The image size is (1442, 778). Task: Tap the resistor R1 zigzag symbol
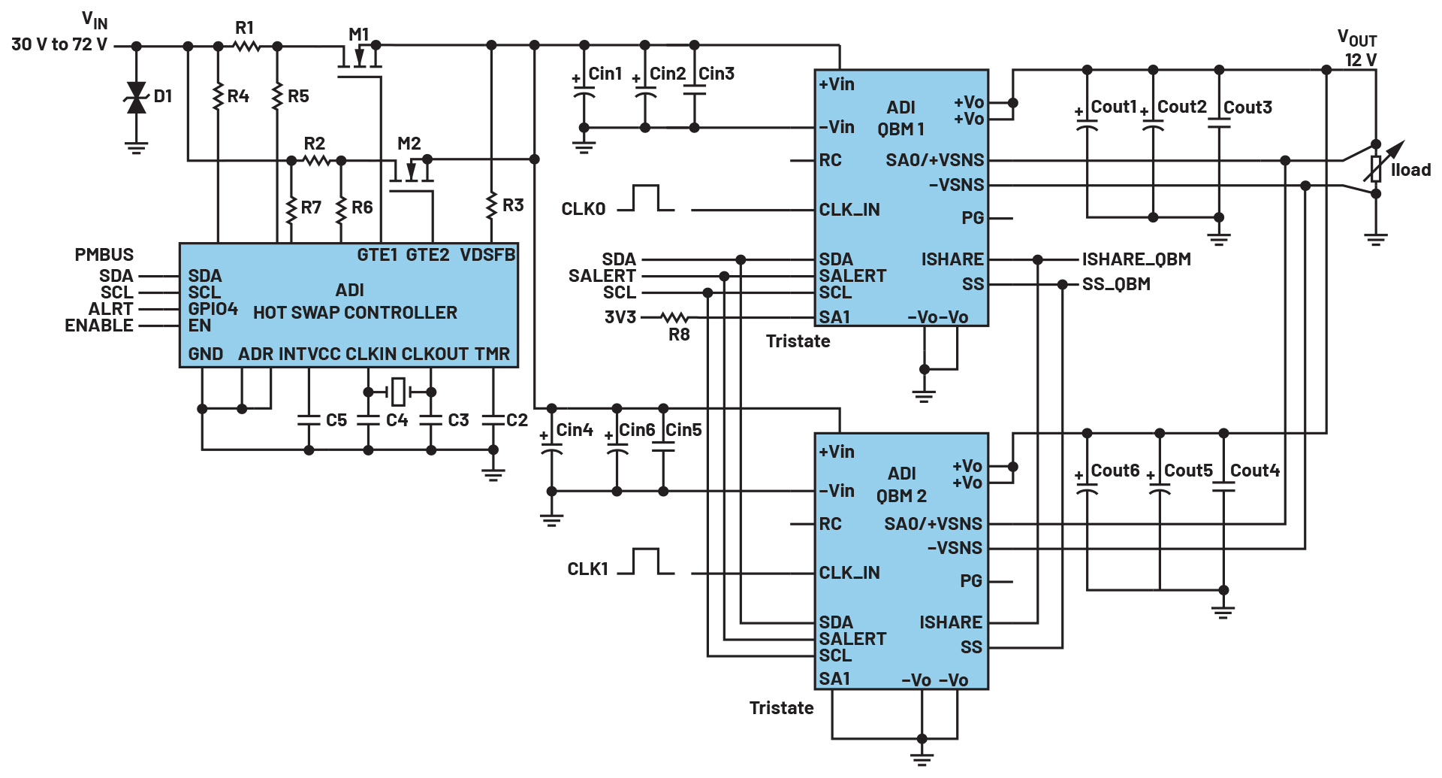(x=246, y=47)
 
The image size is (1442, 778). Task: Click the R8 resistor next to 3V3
(x=674, y=318)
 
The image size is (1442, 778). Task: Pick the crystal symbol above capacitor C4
(x=399, y=392)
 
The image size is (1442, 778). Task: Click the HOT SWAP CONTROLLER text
(x=355, y=313)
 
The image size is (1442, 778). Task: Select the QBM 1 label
(x=900, y=129)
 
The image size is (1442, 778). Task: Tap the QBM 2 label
(x=901, y=496)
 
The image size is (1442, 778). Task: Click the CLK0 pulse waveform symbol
(x=646, y=198)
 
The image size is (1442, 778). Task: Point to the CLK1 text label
(x=587, y=569)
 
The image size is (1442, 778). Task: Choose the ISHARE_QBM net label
(x=1136, y=259)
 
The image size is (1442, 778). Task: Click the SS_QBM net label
(x=1116, y=284)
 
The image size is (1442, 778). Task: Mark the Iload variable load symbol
(x=1380, y=167)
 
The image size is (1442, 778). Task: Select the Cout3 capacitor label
(x=1247, y=107)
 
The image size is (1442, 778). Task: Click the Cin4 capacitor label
(x=575, y=430)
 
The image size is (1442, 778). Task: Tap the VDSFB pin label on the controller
(x=487, y=256)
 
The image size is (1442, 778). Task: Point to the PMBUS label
(x=104, y=255)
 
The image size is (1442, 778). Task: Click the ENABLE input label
(x=99, y=325)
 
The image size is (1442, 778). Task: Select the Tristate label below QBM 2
(x=781, y=708)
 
